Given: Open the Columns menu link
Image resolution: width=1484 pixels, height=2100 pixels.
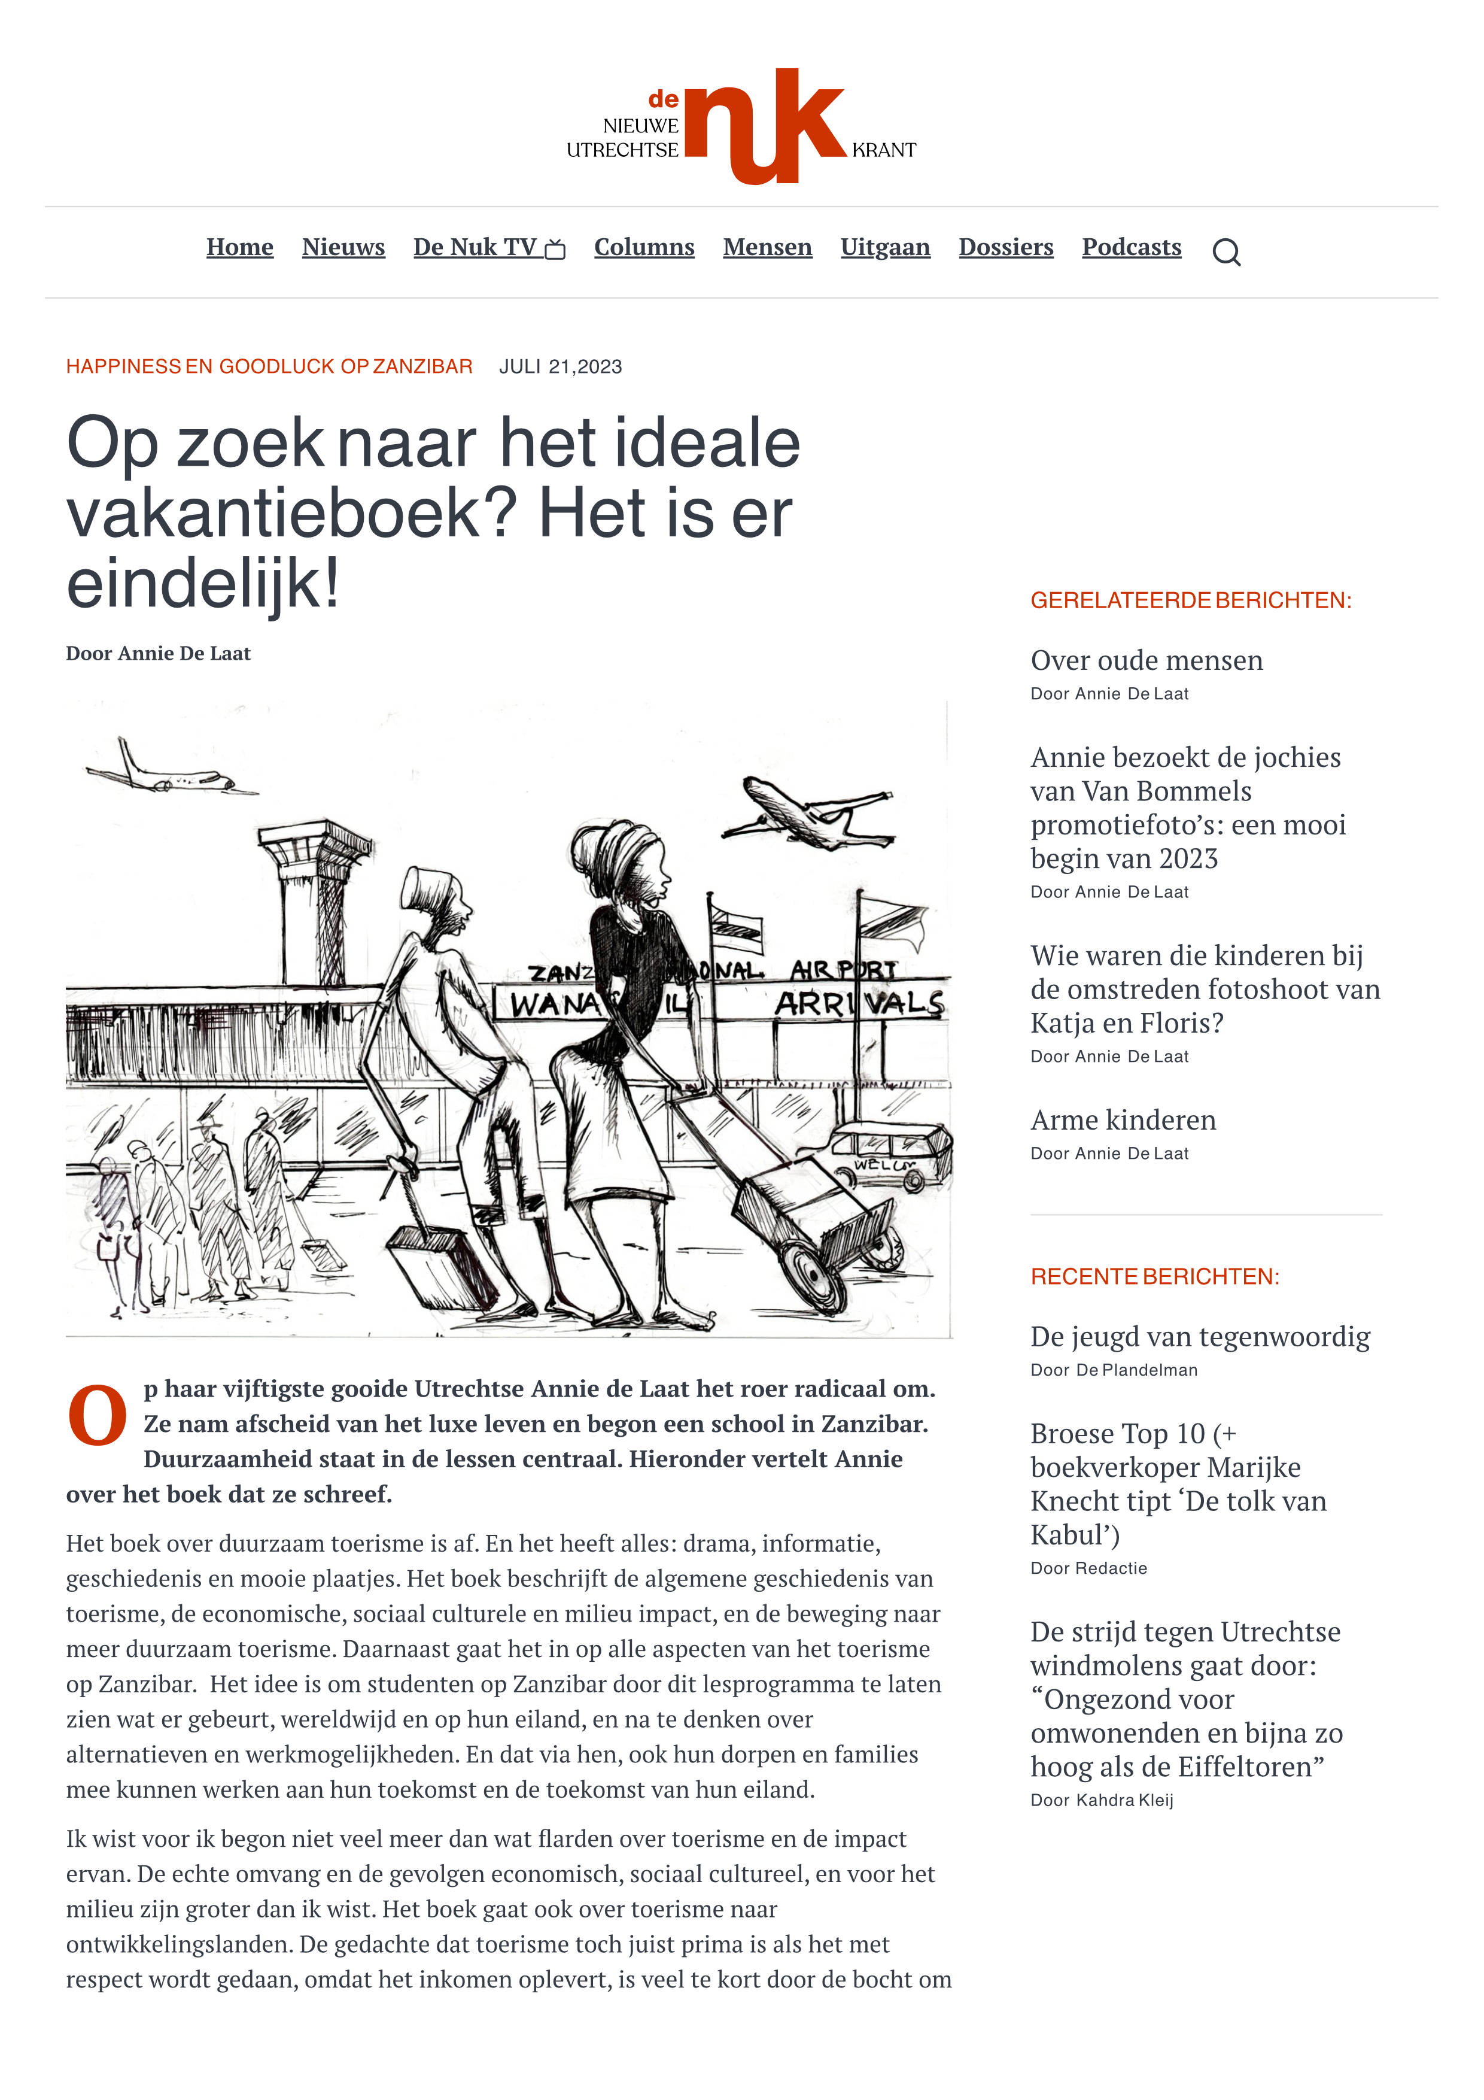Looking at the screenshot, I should coord(644,247).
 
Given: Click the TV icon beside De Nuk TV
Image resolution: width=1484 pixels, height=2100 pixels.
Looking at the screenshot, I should coord(555,250).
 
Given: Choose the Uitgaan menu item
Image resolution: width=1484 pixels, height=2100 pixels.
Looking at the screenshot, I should coord(884,247).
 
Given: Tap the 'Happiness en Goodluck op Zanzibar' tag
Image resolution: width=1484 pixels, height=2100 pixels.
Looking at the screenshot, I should coord(269,367).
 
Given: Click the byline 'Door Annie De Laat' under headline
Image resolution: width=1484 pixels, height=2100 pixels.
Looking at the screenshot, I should coord(158,653).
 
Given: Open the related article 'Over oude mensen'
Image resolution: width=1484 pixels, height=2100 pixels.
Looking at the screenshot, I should coord(1146,660).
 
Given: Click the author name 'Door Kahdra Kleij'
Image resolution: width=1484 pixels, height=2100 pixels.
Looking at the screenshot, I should coord(1101,1800).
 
